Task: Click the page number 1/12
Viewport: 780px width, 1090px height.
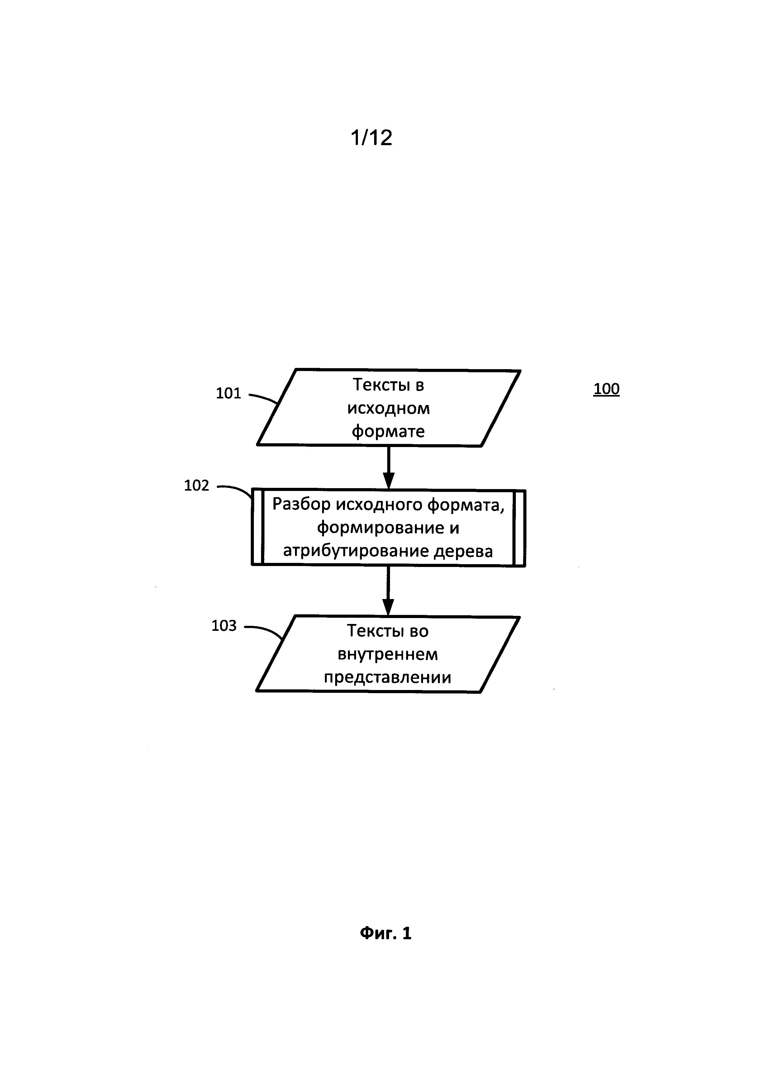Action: (371, 138)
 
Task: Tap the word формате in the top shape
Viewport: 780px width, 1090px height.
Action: (388, 431)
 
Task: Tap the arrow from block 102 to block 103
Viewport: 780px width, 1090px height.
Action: (388, 591)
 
